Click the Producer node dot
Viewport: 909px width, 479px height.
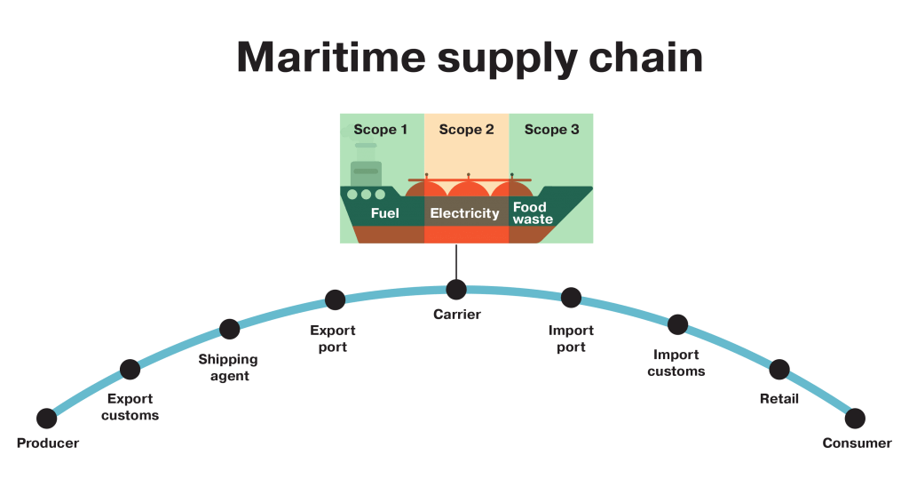pos(47,418)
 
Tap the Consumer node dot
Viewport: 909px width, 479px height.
pos(855,418)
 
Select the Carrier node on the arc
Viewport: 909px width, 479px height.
pos(456,290)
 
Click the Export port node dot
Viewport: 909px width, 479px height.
pos(335,299)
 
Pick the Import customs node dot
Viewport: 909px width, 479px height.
pos(678,324)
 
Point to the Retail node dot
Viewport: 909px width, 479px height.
pos(779,370)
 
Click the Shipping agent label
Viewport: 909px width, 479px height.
pos(228,367)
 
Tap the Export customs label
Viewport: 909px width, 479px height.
pos(130,407)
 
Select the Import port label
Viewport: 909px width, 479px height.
pos(571,339)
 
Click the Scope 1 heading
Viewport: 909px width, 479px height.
pos(381,130)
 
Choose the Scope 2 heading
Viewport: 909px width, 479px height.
pos(466,130)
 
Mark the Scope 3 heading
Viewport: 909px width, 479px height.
pos(551,130)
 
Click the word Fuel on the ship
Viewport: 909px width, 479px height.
pos(384,213)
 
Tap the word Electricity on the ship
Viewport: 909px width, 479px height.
pos(465,213)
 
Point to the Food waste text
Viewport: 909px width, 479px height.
pos(533,213)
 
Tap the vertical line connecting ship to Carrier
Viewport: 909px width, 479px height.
pos(456,261)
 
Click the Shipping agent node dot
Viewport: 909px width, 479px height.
pos(230,330)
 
